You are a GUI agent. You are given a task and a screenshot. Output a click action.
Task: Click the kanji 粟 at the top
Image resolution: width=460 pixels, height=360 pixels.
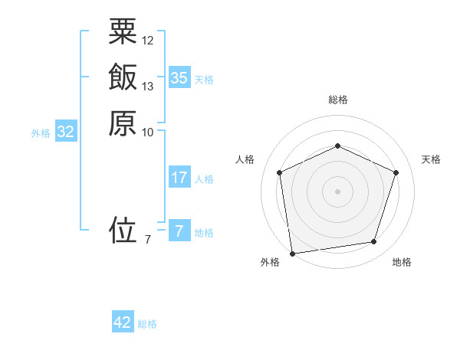pyautogui.click(x=123, y=32)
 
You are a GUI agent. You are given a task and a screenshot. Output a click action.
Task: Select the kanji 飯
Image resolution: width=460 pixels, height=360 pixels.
pyautogui.click(x=123, y=77)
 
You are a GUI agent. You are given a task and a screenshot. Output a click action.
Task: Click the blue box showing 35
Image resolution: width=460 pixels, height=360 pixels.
pyautogui.click(x=179, y=78)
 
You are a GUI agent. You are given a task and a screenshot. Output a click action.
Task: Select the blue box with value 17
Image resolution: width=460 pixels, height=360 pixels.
pyautogui.click(x=179, y=178)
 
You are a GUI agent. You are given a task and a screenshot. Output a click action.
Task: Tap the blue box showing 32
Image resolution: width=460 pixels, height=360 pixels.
pyautogui.click(x=66, y=132)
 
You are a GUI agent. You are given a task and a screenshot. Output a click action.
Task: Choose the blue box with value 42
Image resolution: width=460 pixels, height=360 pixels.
pyautogui.click(x=123, y=322)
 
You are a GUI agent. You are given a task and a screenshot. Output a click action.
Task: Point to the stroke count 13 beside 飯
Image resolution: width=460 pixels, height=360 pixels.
pyautogui.click(x=148, y=86)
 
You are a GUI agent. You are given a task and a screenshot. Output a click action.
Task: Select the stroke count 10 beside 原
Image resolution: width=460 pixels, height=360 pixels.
pyautogui.click(x=148, y=132)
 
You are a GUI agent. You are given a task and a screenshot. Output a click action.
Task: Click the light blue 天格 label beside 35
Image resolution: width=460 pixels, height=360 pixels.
pyautogui.click(x=204, y=80)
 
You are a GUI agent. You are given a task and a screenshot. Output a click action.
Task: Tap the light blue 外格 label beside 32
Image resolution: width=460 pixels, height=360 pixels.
pyautogui.click(x=41, y=133)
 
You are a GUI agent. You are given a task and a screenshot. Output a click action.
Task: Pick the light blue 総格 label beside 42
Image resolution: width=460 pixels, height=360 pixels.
pyautogui.click(x=147, y=324)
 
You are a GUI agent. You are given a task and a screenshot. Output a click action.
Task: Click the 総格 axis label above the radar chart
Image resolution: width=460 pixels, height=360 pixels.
pyautogui.click(x=337, y=100)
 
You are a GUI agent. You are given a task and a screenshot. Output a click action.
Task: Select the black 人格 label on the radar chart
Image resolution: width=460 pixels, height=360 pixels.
pyautogui.click(x=245, y=159)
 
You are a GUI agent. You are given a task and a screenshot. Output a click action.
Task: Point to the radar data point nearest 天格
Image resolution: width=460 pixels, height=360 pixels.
pyautogui.click(x=396, y=172)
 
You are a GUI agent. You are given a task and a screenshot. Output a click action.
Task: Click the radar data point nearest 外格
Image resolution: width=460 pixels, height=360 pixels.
pyautogui.click(x=292, y=253)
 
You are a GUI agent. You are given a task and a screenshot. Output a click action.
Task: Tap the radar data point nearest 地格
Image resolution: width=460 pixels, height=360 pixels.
pyautogui.click(x=373, y=242)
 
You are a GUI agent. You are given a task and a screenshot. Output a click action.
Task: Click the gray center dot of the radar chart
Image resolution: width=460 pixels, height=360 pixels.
pyautogui.click(x=337, y=191)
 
